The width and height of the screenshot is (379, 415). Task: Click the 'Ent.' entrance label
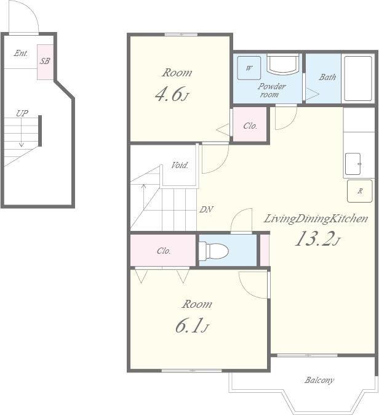pos(21,53)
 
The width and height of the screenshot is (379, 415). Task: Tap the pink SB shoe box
pos(46,62)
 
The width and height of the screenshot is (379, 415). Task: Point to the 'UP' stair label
pos(22,113)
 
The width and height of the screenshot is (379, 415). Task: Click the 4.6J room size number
pos(172,95)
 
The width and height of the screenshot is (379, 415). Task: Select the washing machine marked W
pos(249,68)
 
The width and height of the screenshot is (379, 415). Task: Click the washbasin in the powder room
pos(283,65)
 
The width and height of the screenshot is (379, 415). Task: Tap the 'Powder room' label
pos(271,90)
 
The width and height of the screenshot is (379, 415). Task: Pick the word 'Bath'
pos(327,78)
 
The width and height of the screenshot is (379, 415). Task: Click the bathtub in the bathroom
pos(358,78)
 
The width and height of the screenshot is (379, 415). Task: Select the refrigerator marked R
pos(360,191)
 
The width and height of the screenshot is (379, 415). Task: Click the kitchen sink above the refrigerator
pos(353,164)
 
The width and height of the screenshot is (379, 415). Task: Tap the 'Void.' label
pos(180,166)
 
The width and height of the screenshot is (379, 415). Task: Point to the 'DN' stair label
pos(206,209)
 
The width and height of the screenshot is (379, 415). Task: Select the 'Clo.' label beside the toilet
pos(164,251)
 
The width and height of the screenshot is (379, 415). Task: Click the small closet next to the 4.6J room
pos(250,124)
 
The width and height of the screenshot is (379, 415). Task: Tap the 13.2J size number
pos(317,239)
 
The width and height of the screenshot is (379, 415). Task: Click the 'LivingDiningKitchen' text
pos(316,219)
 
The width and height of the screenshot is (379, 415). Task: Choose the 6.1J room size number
pos(192,326)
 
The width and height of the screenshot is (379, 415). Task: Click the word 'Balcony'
pos(319,381)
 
